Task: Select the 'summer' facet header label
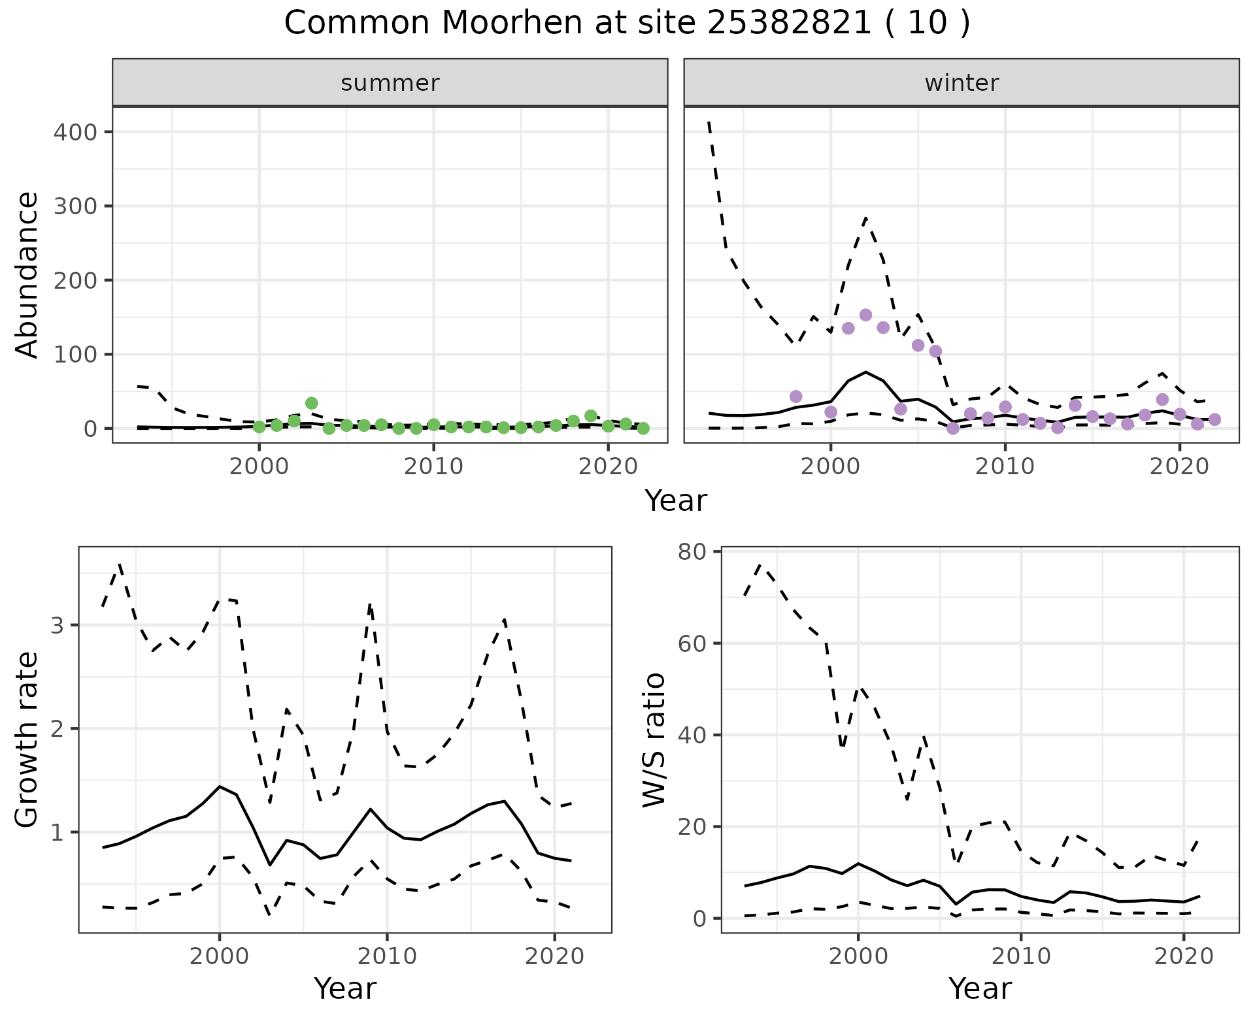pyautogui.click(x=390, y=83)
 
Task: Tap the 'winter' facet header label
pyautogui.click(x=962, y=83)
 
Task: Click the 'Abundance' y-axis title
pyautogui.click(x=27, y=275)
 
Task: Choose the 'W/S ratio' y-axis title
pyautogui.click(x=654, y=740)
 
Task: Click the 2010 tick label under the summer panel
pyautogui.click(x=433, y=467)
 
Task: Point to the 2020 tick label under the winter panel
pyautogui.click(x=1179, y=467)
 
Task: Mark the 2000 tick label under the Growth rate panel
pyautogui.click(x=220, y=957)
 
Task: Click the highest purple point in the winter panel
pyautogui.click(x=865, y=315)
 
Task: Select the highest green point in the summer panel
pyautogui.click(x=312, y=403)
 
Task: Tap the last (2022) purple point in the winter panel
pyautogui.click(x=1214, y=419)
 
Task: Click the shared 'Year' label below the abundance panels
pyautogui.click(x=676, y=501)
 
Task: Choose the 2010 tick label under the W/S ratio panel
pyautogui.click(x=1020, y=957)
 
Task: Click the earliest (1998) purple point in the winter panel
pyautogui.click(x=795, y=396)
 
